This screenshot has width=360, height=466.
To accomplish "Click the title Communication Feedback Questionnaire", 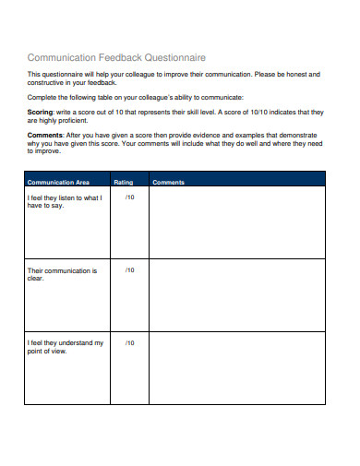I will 117,57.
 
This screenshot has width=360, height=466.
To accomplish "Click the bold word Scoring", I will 40,111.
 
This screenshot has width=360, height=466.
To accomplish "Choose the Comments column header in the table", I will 169,183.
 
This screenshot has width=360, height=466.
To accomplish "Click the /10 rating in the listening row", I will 129,197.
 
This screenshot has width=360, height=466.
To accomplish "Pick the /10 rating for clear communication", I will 129,270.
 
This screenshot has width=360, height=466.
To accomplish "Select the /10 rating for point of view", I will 129,343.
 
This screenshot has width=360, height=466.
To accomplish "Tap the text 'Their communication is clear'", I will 62,274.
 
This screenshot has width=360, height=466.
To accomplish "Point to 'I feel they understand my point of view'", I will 65,347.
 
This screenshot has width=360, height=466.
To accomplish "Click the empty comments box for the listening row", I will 236,224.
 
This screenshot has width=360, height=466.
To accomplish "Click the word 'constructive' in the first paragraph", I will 47,81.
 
